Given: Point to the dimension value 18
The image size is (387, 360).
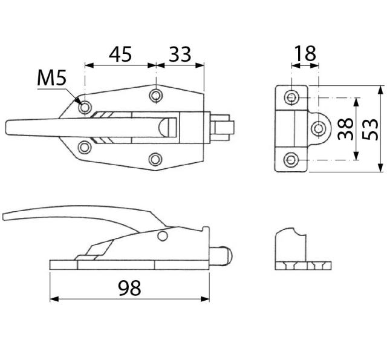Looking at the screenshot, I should pos(304,54).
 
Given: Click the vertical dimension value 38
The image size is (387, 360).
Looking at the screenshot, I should pos(345,128).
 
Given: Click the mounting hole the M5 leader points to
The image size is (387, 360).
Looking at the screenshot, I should pos(85,107).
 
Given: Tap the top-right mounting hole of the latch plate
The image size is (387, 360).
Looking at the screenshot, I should pos(156,96).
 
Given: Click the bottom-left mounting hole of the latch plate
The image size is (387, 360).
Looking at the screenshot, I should pos(85,146).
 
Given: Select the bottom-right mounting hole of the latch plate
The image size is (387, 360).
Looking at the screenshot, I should pos(156,159).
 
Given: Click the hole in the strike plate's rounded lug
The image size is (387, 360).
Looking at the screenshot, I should pos(319,128).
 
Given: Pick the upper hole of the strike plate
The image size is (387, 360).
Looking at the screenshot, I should pos(293,97).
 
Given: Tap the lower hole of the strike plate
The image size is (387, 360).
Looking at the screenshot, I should pos(293,159).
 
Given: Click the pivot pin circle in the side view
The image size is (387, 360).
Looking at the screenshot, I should pos(162,236).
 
